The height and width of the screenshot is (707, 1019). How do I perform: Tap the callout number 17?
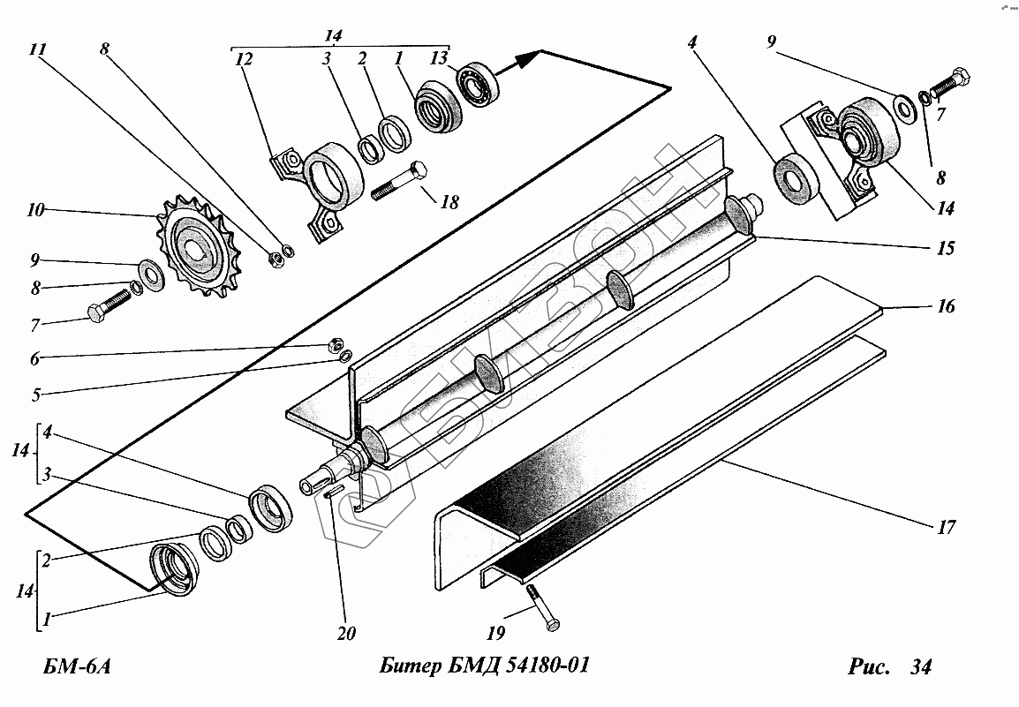pyautogui.click(x=946, y=528)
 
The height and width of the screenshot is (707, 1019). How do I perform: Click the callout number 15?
pyautogui.click(x=945, y=249)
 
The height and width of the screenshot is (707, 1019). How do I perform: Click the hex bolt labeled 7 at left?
pyautogui.click(x=109, y=308)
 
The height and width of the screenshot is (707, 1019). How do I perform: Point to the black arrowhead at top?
pyautogui.click(x=528, y=58)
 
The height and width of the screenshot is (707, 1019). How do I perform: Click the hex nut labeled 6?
pyautogui.click(x=336, y=342)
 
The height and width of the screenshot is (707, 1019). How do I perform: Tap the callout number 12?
pyautogui.click(x=245, y=60)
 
